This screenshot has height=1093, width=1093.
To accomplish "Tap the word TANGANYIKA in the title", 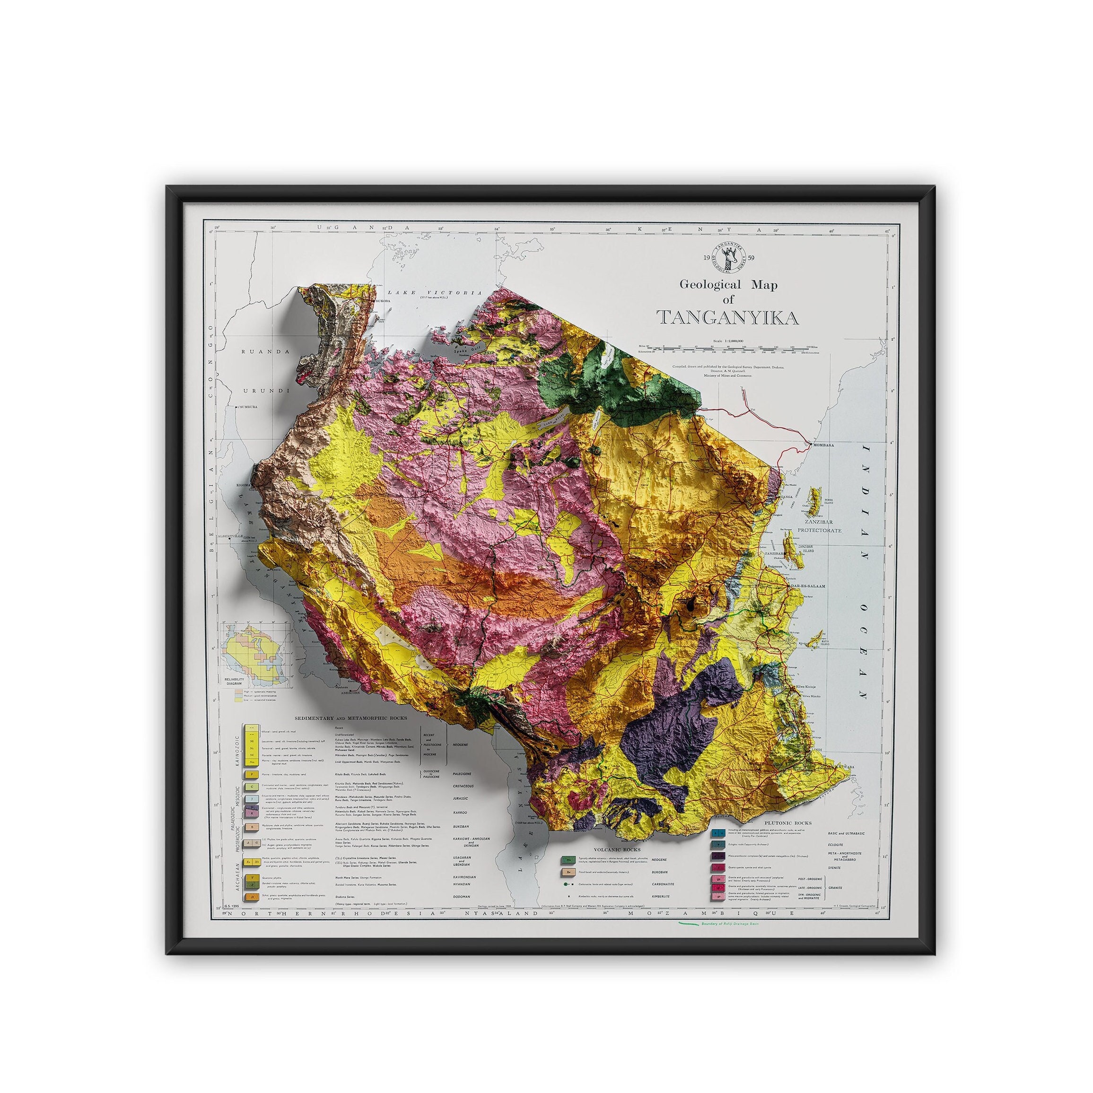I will coord(727,318).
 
